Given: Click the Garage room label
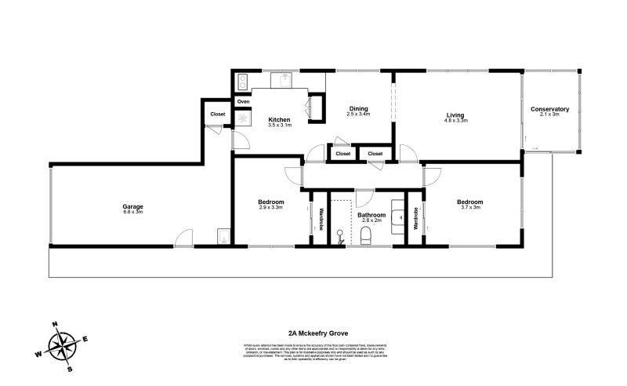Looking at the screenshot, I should point(132,206).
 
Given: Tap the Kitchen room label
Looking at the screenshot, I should point(279,119).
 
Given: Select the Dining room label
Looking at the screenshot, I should point(358,108).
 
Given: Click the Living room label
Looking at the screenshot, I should point(455,115).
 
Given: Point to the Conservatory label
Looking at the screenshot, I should point(549,108).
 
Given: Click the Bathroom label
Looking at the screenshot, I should point(371,214).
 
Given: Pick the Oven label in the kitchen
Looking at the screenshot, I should point(243,101).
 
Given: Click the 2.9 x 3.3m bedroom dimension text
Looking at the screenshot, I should point(271,208).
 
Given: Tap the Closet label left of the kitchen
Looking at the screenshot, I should point(217,115).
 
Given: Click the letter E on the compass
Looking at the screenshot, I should point(85,338).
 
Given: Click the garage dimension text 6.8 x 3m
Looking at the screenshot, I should point(132,212).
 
